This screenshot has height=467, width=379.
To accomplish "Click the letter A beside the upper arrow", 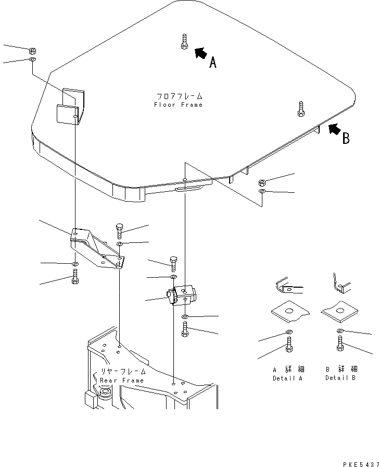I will click(x=212, y=64).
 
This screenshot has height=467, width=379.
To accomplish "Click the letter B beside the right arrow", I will click(x=346, y=139).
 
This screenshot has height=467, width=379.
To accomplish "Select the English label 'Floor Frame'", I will click(x=178, y=105).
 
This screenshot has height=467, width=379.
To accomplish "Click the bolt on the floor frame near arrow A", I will click(x=184, y=42).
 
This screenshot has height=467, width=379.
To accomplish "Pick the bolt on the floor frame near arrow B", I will click(x=301, y=109).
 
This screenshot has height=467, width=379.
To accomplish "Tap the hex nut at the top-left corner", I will click(x=32, y=51).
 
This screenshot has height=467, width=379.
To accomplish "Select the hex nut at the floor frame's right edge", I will click(x=262, y=183).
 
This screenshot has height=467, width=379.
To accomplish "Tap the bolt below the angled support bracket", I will click(x=75, y=276).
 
